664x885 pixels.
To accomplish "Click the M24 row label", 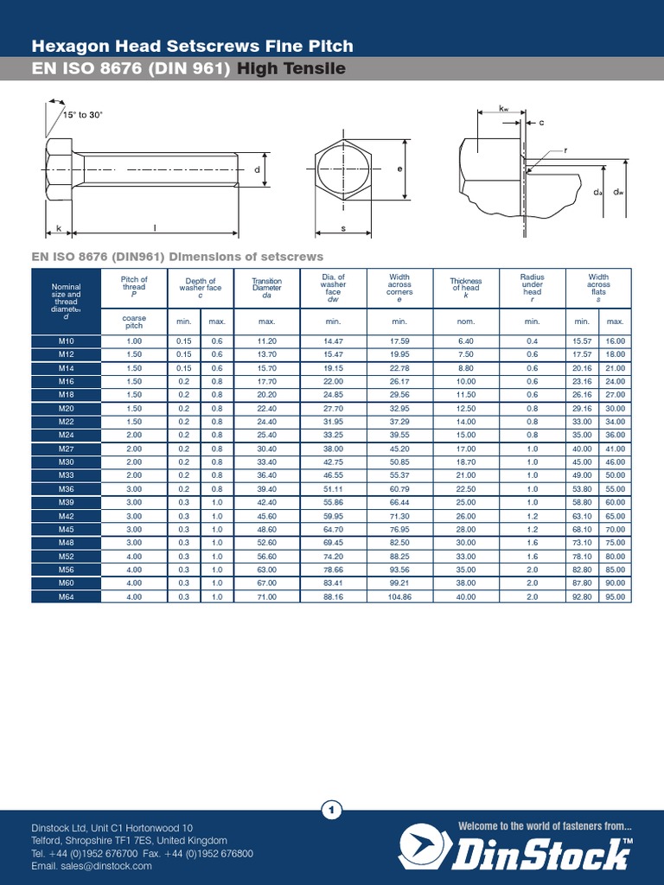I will [x=66, y=435].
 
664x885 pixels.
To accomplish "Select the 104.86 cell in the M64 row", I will [x=399, y=596].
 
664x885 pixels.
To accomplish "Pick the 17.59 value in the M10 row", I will [x=399, y=341].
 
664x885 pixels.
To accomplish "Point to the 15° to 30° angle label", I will [x=82, y=115].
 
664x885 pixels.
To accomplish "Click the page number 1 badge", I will [x=332, y=810].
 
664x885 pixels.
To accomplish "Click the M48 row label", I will [x=66, y=543].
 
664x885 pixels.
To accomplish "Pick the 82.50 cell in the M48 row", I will [x=399, y=543].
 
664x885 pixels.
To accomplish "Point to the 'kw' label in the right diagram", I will [x=503, y=109].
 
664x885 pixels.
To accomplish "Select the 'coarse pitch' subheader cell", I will [x=134, y=322].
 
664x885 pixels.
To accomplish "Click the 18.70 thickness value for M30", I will [x=465, y=462].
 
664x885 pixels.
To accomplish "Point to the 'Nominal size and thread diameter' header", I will [x=66, y=298].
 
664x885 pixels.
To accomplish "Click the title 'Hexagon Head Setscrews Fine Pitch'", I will [x=192, y=46].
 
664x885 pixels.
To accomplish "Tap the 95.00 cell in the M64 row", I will [x=615, y=596].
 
